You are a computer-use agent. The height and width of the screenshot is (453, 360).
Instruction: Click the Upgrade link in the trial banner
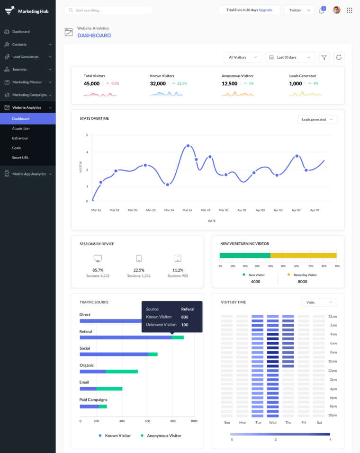click(x=265, y=10)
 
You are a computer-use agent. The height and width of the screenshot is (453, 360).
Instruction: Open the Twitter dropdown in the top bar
click(x=299, y=10)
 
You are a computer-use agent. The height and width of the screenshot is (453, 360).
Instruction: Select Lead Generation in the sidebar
click(x=26, y=57)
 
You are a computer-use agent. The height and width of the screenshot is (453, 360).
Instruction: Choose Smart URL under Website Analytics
click(x=20, y=158)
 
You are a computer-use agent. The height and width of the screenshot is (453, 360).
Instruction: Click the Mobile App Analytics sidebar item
click(x=29, y=174)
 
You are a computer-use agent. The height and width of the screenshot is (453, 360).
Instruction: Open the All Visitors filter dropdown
click(x=243, y=57)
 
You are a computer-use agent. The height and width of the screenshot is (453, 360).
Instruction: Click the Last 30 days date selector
click(x=290, y=57)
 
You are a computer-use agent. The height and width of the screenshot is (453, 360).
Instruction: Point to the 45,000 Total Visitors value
click(x=91, y=84)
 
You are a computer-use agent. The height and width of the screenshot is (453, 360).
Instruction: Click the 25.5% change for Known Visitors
click(x=182, y=83)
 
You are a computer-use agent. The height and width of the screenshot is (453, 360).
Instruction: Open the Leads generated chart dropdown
click(x=317, y=119)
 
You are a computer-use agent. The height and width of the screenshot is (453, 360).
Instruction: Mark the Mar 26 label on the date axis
click(x=188, y=210)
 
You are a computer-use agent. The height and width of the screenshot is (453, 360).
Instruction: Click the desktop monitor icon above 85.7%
click(x=98, y=258)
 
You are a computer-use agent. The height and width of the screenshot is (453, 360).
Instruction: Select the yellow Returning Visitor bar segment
click(x=303, y=255)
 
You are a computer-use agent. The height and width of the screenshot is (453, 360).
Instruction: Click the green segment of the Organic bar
click(x=122, y=372)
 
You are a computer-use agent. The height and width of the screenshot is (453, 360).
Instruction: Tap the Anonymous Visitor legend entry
click(x=163, y=435)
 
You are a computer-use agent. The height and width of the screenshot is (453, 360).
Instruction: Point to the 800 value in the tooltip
click(x=185, y=317)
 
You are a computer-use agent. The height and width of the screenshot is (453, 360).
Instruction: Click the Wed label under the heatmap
click(x=272, y=422)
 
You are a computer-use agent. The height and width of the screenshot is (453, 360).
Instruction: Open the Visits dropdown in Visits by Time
click(x=319, y=302)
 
